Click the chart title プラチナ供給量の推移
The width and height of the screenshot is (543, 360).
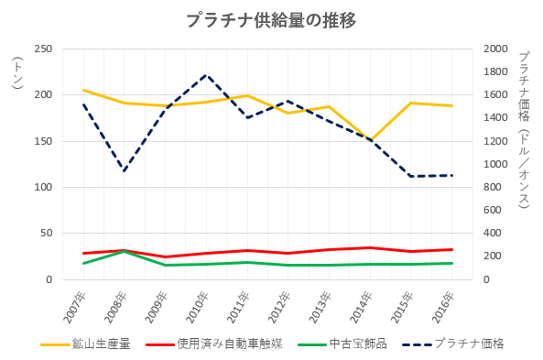[x=271, y=21]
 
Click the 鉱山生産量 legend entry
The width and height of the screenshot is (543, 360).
[x=85, y=344]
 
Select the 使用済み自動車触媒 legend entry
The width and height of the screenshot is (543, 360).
[x=214, y=344]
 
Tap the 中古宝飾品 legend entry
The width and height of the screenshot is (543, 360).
[x=342, y=344]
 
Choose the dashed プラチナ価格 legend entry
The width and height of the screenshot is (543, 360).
[x=453, y=344]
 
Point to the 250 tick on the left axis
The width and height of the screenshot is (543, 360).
[x=43, y=49]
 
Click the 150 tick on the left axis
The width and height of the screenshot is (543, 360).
[x=43, y=141]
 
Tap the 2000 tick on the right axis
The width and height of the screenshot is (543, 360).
[x=495, y=49]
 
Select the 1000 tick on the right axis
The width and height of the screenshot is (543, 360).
[x=495, y=164]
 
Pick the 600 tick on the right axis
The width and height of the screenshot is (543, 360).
[x=493, y=210]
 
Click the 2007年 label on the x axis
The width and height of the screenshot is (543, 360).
[x=74, y=308]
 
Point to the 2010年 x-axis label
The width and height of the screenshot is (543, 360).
[x=198, y=308]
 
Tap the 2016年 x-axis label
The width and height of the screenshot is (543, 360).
[x=443, y=308]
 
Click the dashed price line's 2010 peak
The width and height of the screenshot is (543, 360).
[x=206, y=75]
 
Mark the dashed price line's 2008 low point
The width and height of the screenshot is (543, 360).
[x=125, y=170]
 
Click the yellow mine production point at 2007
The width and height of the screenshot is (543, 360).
[x=83, y=90]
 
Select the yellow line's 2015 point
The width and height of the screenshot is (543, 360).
[x=411, y=103]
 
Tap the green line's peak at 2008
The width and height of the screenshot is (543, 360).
[x=125, y=252]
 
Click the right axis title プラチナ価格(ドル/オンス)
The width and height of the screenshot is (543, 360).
[x=524, y=130]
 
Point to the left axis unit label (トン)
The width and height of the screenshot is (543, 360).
[x=17, y=72]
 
